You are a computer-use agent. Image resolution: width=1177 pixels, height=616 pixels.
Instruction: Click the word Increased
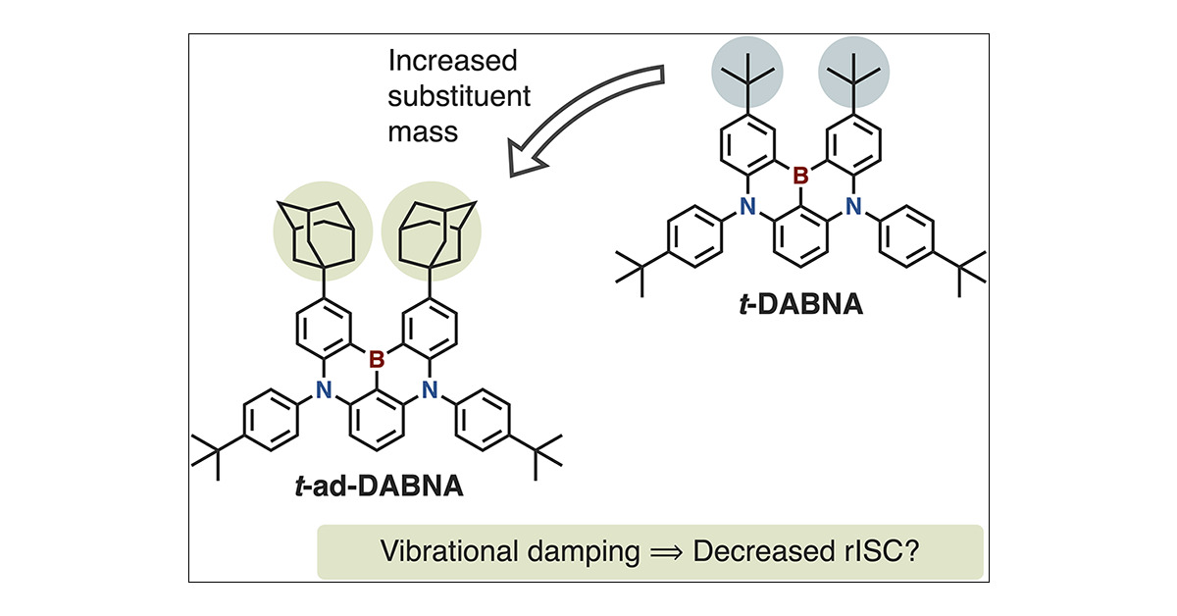(453, 61)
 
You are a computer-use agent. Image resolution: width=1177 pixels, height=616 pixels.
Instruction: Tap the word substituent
(459, 96)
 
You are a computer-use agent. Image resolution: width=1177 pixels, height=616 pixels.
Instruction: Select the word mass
(423, 131)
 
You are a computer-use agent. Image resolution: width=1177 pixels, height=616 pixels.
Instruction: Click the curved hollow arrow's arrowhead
(527, 156)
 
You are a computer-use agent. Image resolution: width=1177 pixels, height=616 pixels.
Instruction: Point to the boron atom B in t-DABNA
(800, 176)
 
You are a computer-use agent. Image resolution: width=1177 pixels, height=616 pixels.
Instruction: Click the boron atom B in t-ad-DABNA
(377, 360)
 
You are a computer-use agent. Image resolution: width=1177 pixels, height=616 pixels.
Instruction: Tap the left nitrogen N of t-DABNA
(747, 207)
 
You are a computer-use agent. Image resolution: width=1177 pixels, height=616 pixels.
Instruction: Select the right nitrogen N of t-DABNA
(853, 207)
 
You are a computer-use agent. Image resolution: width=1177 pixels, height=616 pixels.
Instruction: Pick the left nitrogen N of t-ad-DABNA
(324, 390)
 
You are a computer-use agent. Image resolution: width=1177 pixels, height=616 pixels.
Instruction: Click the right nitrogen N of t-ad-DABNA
(430, 390)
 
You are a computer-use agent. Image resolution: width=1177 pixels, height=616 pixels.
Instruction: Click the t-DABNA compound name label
(801, 304)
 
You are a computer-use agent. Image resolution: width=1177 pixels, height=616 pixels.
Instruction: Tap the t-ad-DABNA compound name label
(380, 487)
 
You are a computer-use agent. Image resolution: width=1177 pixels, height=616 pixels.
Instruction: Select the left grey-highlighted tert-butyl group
(747, 72)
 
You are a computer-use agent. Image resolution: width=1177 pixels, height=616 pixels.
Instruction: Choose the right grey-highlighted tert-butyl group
(854, 72)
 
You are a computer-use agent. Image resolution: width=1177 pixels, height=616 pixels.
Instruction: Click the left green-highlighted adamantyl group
(323, 231)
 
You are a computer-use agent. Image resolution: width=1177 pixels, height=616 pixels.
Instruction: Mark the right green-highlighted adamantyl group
(432, 231)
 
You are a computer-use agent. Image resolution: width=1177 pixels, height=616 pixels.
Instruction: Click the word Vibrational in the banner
(449, 551)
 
